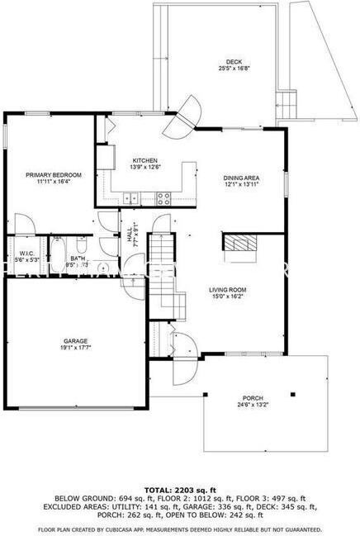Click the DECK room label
click(x=234, y=60)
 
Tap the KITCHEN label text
click(x=145, y=160)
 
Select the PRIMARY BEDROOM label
click(x=54, y=174)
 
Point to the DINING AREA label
click(x=242, y=178)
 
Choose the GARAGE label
click(x=76, y=340)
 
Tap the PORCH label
click(x=253, y=397)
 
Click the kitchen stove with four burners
click(x=163, y=197)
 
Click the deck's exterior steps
click(x=287, y=105)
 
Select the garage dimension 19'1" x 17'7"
click(x=76, y=348)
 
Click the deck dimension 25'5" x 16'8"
click(x=234, y=68)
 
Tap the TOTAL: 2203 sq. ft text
click(x=179, y=489)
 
